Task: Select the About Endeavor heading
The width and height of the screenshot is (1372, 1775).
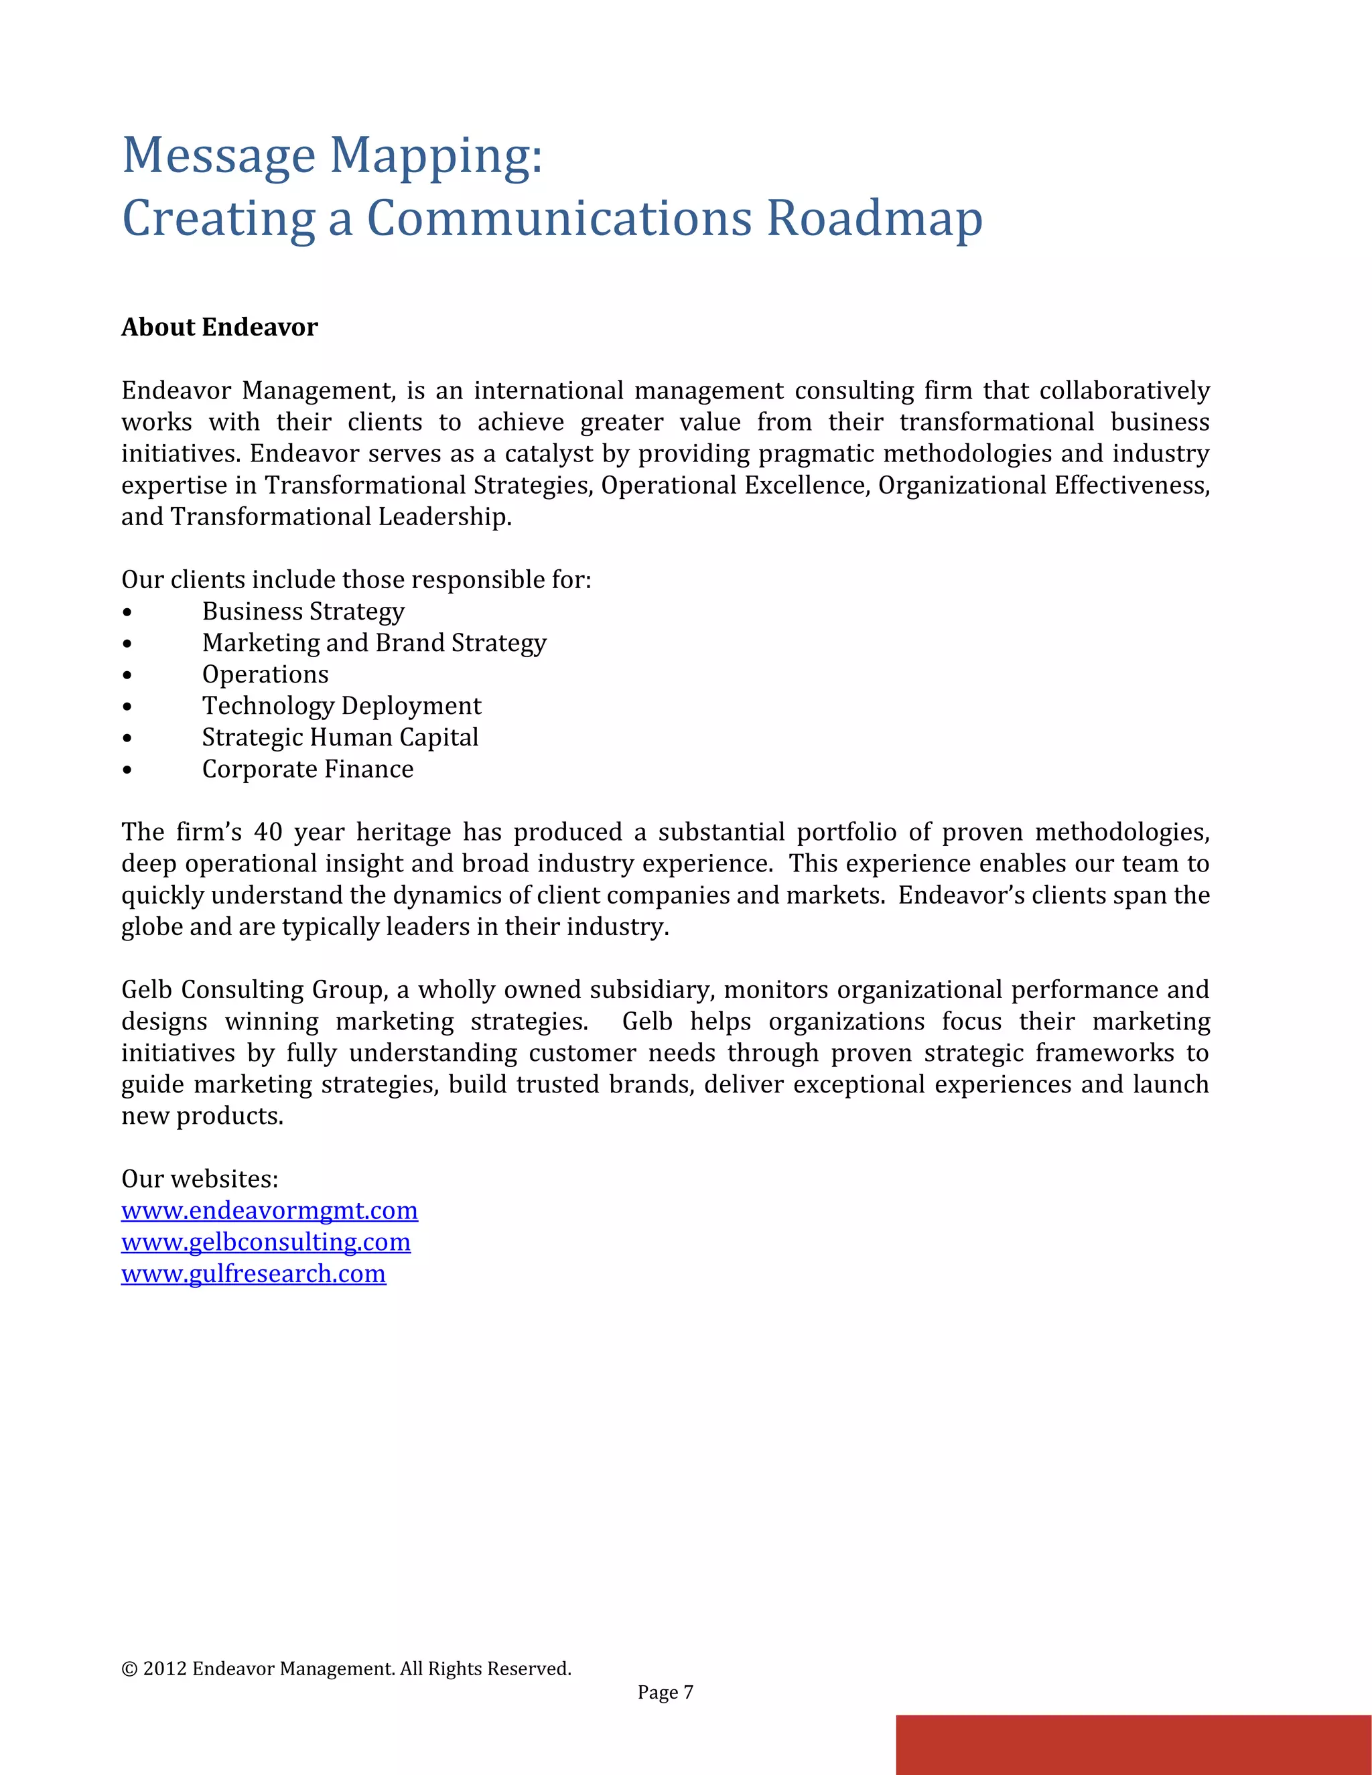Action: pos(220,327)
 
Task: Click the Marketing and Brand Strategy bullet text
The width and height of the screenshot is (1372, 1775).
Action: pos(374,642)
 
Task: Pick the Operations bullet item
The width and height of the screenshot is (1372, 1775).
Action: pos(265,674)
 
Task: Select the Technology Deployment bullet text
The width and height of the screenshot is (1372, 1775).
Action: pos(342,705)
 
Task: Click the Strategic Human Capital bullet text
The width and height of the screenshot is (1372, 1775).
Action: pos(340,737)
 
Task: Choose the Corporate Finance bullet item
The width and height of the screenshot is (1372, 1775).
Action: pos(307,769)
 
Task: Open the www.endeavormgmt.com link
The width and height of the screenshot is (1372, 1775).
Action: pos(269,1210)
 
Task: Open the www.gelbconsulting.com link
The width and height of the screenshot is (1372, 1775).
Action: pos(266,1242)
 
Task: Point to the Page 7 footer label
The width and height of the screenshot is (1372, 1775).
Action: pos(665,1692)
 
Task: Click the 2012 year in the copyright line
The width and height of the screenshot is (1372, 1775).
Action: pos(164,1668)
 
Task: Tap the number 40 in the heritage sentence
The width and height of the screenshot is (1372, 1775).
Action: pos(267,832)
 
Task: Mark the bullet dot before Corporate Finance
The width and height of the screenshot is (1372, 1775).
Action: pos(127,770)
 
